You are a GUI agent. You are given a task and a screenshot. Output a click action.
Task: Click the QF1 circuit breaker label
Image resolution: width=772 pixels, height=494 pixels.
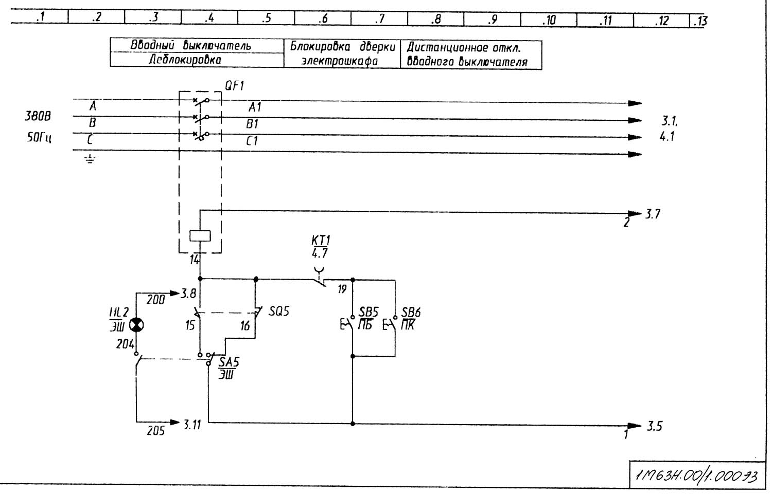pyautogui.click(x=234, y=86)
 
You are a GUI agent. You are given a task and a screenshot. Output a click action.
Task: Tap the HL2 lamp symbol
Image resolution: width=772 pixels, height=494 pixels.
pyautogui.click(x=137, y=325)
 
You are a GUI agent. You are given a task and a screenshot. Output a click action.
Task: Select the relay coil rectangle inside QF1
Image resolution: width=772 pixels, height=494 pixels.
pyautogui.click(x=200, y=235)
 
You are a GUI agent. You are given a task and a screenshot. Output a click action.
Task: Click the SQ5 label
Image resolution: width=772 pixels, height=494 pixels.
pyautogui.click(x=279, y=312)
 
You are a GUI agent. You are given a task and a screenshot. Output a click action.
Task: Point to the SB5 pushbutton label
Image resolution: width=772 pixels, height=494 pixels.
pyautogui.click(x=369, y=312)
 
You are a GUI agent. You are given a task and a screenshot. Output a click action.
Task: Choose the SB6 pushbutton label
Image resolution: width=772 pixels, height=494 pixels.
pyautogui.click(x=411, y=312)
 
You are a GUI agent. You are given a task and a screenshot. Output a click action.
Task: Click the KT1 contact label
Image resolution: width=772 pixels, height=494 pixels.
pyautogui.click(x=321, y=241)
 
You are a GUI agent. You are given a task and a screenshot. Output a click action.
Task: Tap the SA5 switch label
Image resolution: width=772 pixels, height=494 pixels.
pyautogui.click(x=229, y=362)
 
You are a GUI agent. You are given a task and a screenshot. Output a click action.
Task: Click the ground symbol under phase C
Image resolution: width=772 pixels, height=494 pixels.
pyautogui.click(x=90, y=159)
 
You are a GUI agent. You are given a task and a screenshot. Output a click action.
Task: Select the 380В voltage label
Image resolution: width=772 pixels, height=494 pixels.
pyautogui.click(x=38, y=116)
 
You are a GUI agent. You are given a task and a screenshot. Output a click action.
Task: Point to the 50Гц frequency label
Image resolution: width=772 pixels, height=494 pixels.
pyautogui.click(x=39, y=138)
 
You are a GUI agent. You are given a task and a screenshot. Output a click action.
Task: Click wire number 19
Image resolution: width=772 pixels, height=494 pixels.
pyautogui.click(x=342, y=289)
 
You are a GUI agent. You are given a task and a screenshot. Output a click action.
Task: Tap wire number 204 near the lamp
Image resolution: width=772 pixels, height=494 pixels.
pyautogui.click(x=125, y=344)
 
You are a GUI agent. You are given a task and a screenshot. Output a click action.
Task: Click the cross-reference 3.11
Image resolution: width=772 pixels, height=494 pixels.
pyautogui.click(x=192, y=425)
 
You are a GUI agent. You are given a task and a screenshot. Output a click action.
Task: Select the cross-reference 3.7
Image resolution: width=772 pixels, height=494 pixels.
pyautogui.click(x=653, y=214)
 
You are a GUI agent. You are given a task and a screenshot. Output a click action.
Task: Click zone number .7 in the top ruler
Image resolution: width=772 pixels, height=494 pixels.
pyautogui.click(x=379, y=19)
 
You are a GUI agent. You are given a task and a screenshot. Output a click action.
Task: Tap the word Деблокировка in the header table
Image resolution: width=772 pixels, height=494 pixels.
pyautogui.click(x=185, y=60)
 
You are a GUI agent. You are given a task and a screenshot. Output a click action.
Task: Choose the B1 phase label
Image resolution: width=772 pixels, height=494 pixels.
pyautogui.click(x=252, y=124)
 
